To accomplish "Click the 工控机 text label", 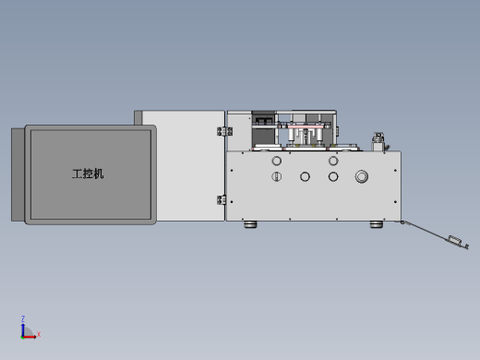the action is (x=88, y=174).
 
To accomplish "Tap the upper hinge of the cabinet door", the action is (x=224, y=131).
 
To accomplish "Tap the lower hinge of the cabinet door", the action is (x=222, y=200).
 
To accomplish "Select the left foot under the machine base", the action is (x=250, y=224).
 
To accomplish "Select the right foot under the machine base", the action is (x=377, y=224).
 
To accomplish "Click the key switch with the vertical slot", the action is (x=277, y=176).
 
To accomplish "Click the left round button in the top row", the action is (x=277, y=161).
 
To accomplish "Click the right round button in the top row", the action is (x=333, y=161).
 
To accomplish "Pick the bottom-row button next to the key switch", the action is (x=305, y=176).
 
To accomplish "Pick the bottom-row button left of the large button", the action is (x=333, y=176).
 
